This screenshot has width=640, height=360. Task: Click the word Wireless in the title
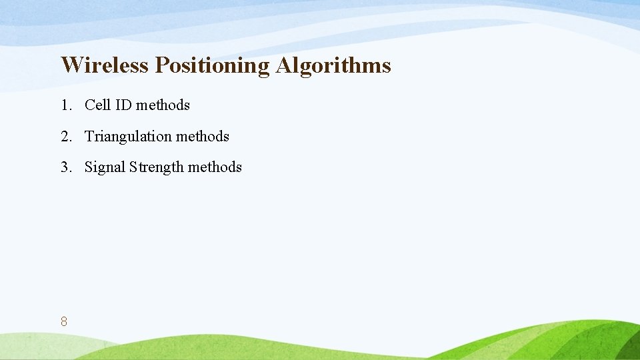coord(105,65)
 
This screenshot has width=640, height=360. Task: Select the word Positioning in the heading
coord(211,66)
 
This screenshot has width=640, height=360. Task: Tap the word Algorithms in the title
coord(332,65)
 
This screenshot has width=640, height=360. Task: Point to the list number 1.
coord(65,105)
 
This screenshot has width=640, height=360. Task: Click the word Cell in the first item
coord(97,105)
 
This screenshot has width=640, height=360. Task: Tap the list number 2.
coord(65,137)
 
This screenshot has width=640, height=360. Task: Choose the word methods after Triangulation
coord(203,137)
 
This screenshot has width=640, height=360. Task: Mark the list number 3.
coord(65,167)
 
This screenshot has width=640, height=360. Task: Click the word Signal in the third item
coord(105,167)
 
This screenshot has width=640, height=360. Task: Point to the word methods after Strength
coord(215,167)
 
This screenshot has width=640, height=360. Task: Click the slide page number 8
coord(63,322)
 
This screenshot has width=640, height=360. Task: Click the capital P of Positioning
coord(161,65)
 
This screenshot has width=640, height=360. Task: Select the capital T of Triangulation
coord(89,137)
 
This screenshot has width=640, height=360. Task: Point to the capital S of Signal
coord(89,167)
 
